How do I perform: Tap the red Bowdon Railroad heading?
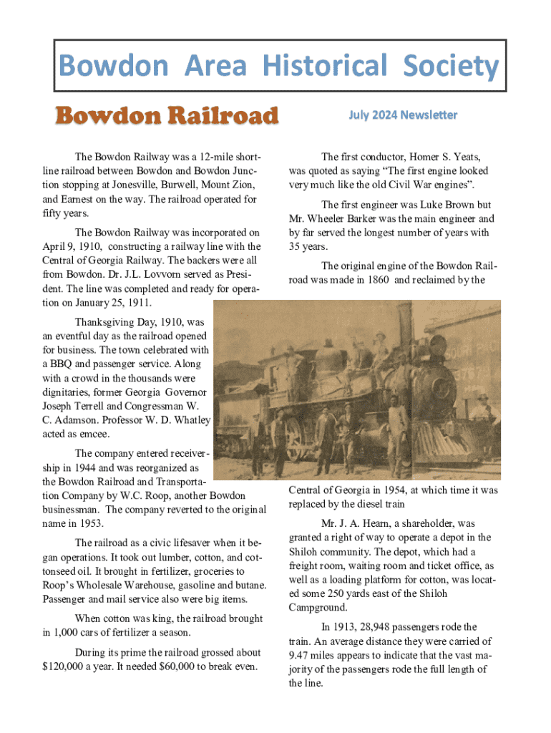coord(167,115)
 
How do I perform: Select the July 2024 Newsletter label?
coord(402,115)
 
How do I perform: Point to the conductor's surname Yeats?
coord(464,157)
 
